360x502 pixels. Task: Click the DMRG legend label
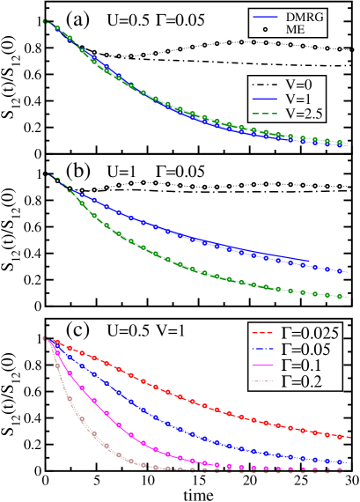303,18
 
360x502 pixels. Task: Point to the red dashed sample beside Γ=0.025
261,335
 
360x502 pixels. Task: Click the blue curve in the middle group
176,227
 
